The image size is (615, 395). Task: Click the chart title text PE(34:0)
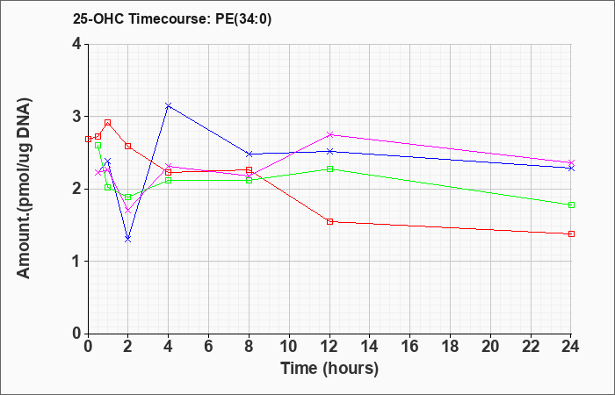click(243, 19)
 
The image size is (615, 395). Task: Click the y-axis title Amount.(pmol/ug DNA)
click(24, 188)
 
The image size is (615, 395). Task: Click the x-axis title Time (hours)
click(329, 369)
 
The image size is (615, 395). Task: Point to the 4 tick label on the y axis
click(77, 44)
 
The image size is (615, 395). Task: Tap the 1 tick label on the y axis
click(77, 262)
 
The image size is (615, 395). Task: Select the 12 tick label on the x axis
click(329, 347)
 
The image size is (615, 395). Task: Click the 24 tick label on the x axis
click(571, 347)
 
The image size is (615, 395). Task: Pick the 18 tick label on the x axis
click(450, 347)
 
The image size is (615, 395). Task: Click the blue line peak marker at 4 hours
click(169, 106)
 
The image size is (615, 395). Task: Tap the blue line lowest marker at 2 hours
click(128, 239)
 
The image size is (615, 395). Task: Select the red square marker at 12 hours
click(329, 222)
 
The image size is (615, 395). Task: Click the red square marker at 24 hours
click(571, 234)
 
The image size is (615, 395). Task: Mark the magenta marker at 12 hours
click(329, 135)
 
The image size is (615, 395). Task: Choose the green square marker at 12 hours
click(329, 169)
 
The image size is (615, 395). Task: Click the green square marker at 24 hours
click(571, 205)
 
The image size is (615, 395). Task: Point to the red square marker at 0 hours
click(88, 139)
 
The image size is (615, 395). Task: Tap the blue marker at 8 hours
click(249, 154)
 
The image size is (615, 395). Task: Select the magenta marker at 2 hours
click(128, 211)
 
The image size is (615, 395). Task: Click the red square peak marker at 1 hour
click(108, 123)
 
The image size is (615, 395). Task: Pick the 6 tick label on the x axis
click(209, 347)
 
